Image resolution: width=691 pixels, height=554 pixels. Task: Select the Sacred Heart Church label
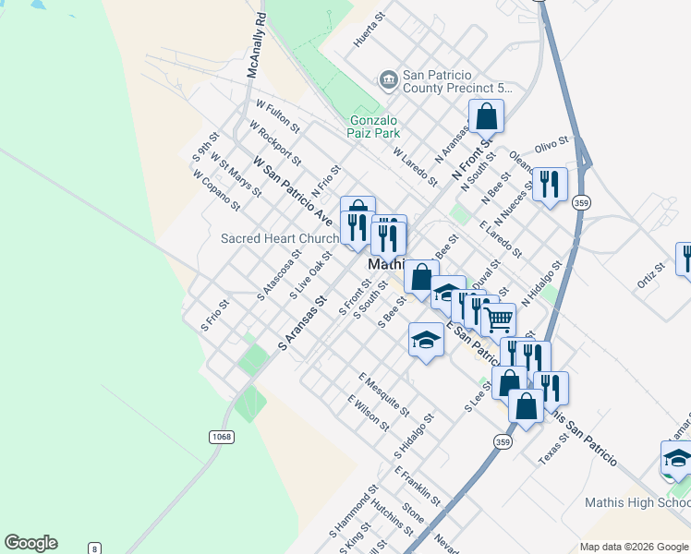coord(280,238)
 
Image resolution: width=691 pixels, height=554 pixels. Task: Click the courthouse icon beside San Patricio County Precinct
coord(388,80)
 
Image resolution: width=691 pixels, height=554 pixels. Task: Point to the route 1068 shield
coord(219,436)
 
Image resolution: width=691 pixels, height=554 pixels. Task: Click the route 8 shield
coord(94,548)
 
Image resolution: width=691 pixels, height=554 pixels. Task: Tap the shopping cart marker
coord(499,319)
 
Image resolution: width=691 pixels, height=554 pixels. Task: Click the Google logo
coord(30,543)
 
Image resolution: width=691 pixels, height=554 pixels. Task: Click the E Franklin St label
coord(418,486)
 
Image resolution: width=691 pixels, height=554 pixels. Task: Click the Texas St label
coord(555,448)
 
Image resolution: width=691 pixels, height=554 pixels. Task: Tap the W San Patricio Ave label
coord(295,194)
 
